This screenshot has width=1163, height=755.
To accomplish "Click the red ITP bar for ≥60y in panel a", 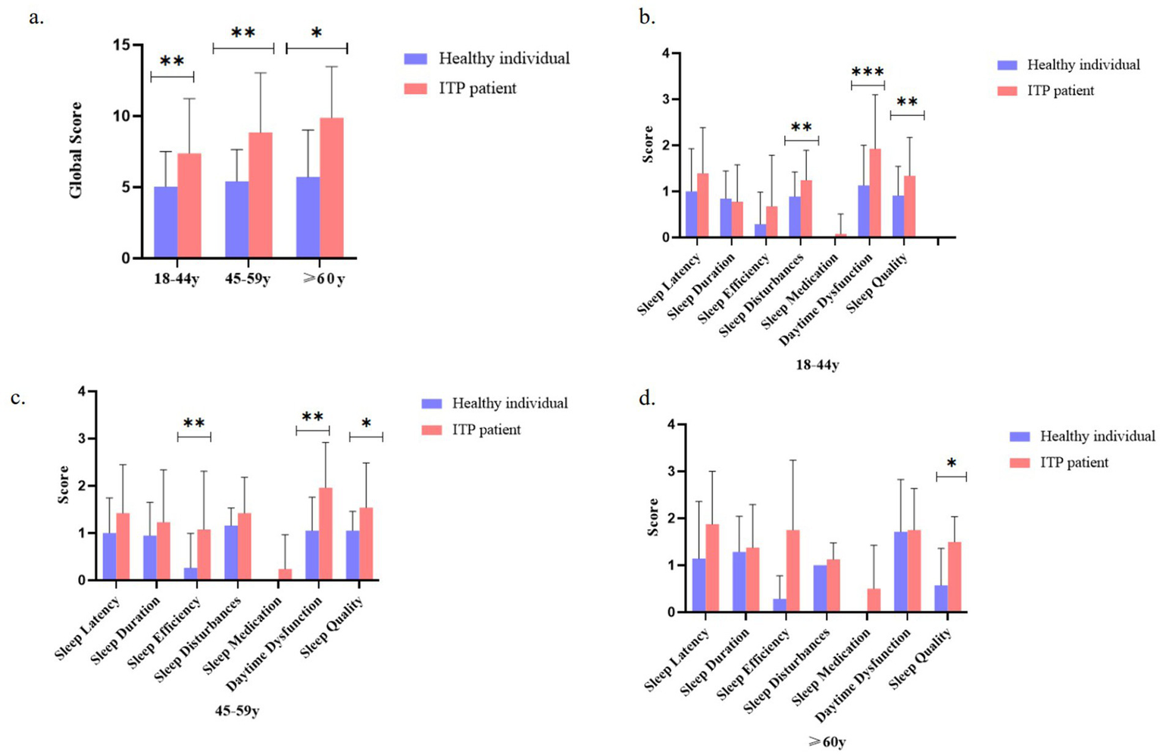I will click(331, 188).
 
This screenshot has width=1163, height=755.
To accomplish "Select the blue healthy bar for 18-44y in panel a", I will click(166, 222).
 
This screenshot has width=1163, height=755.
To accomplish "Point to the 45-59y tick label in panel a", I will click(247, 279).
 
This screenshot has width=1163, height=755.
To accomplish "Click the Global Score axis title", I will click(76, 150).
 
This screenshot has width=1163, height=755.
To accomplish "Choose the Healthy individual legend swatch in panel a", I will click(416, 58).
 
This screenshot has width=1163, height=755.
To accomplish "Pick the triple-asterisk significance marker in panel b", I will click(868, 73).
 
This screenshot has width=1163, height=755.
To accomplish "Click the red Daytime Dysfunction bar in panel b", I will click(874, 193).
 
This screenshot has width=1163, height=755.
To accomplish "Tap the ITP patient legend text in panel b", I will click(1060, 91).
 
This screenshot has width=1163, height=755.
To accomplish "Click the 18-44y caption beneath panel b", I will click(817, 365).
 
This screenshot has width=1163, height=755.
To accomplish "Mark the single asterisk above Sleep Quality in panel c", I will click(366, 424).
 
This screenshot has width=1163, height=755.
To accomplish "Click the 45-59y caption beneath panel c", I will click(237, 712).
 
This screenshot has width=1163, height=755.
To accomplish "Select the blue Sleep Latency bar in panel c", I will click(109, 556).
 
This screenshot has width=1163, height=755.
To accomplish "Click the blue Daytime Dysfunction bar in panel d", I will click(901, 572).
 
